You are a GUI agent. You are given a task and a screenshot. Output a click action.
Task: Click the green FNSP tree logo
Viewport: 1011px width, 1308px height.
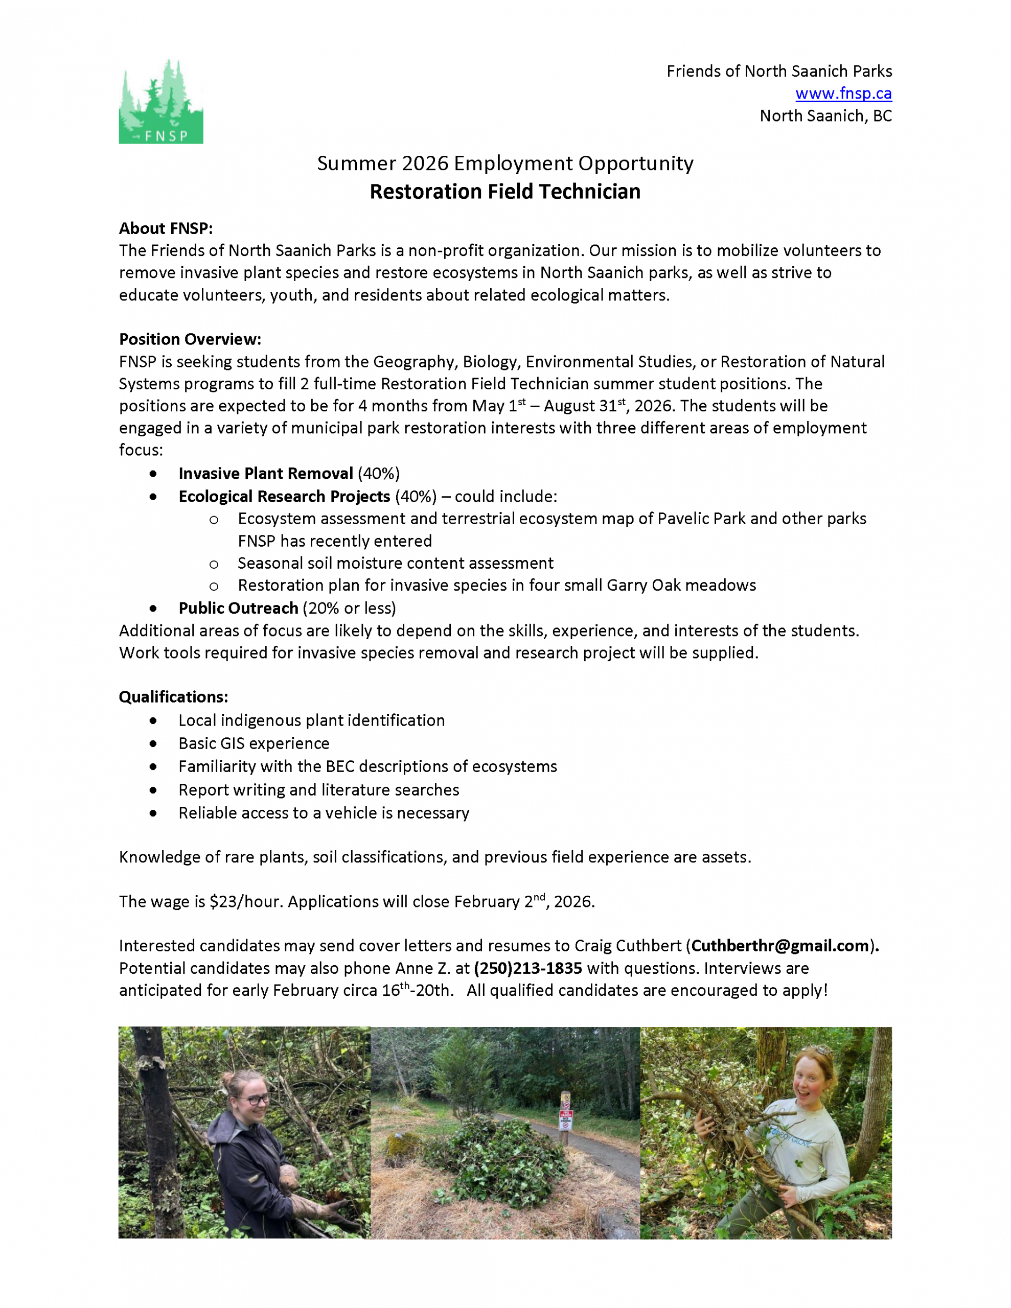click(160, 101)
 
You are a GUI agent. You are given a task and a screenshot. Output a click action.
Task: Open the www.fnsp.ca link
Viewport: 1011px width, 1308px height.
click(843, 94)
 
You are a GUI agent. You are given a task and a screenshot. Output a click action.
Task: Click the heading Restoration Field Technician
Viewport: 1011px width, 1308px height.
click(504, 192)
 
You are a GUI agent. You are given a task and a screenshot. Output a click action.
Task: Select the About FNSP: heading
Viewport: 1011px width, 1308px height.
click(166, 228)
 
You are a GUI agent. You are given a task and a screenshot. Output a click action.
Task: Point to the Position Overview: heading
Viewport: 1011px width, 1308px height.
click(190, 339)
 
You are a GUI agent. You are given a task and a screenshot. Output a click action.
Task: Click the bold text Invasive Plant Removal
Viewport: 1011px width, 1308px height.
click(265, 473)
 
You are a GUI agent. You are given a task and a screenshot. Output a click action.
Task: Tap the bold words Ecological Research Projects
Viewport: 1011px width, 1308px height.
click(284, 497)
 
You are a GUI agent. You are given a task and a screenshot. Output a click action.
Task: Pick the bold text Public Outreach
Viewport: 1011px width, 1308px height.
click(238, 608)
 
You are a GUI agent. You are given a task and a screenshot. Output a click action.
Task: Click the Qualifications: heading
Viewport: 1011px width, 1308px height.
click(173, 696)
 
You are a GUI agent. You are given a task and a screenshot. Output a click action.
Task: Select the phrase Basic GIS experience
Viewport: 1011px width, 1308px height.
click(254, 743)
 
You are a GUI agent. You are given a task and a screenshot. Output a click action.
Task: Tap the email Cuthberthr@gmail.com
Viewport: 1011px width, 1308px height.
click(779, 946)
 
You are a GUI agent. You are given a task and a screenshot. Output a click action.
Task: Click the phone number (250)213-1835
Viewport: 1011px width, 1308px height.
click(527, 968)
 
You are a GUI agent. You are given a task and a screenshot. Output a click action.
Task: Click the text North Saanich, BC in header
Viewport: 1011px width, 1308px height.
click(825, 115)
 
